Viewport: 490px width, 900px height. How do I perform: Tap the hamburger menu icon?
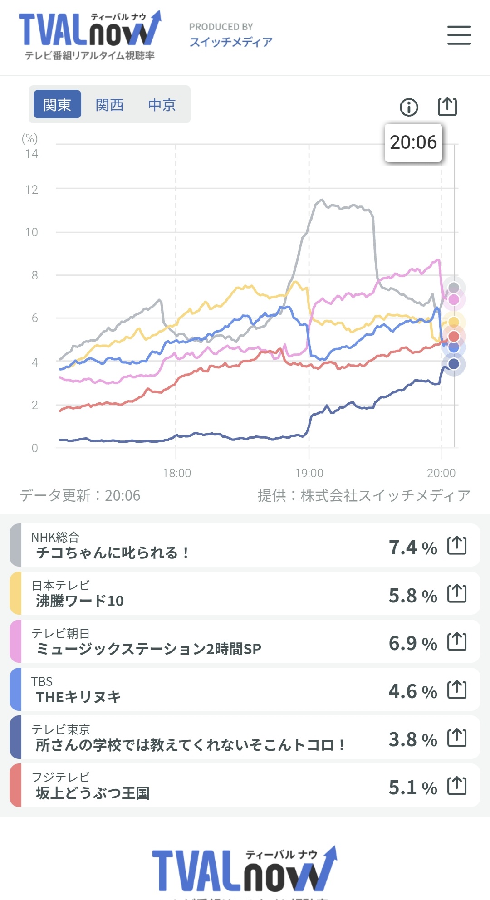459,35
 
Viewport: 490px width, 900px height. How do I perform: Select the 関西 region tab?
109,105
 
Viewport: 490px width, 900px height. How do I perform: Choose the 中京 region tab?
162,105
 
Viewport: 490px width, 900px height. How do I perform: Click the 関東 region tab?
57,104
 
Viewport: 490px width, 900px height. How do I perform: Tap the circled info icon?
409,108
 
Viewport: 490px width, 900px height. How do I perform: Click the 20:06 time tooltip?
413,142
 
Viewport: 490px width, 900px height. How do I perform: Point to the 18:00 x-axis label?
176,473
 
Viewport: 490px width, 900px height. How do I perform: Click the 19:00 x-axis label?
309,473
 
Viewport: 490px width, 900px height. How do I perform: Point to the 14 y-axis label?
32,154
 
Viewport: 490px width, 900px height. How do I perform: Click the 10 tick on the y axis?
32,232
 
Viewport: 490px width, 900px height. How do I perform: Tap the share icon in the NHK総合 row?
457,545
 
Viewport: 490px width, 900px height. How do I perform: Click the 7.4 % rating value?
412,548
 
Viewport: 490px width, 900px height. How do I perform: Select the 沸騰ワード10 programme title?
80,601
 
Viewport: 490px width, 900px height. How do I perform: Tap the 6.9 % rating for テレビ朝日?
412,643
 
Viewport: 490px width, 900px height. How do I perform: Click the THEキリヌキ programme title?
78,697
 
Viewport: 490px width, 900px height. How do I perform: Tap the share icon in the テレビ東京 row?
457,738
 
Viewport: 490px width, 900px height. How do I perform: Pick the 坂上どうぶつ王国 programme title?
93,793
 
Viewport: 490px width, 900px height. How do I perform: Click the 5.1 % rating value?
412,787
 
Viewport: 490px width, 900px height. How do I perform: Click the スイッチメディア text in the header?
231,42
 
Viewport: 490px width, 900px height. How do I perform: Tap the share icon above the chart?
447,107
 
